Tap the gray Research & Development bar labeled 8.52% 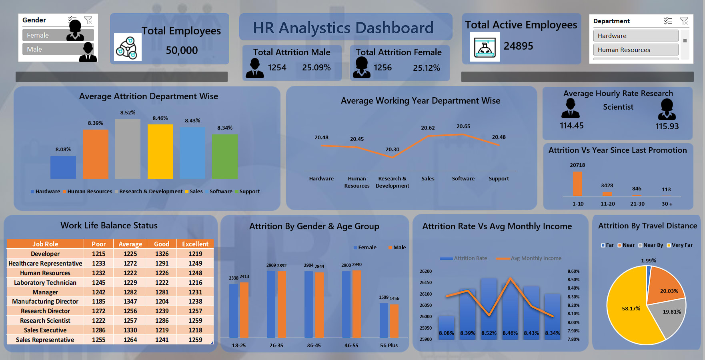128,149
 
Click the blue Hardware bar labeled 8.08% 63,167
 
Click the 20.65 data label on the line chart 463,126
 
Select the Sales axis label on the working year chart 428,179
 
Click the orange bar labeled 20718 577,184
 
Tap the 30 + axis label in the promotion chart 667,204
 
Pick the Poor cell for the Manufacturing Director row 98,302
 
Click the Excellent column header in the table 195,244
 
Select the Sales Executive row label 45,330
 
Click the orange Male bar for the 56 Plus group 394,321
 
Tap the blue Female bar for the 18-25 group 234,310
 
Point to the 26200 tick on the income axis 426,271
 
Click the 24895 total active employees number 518,46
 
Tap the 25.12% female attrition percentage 426,68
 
